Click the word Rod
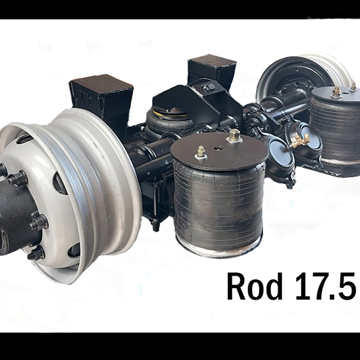(x=255, y=286)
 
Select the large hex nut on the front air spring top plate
(x=234, y=134)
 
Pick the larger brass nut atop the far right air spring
(x=336, y=91)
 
